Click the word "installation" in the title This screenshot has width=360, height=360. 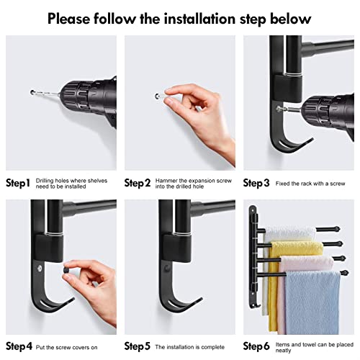pos(200,19)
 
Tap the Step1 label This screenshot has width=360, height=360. pos(18,183)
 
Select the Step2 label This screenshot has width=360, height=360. pos(138,183)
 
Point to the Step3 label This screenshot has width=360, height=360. pos(256,183)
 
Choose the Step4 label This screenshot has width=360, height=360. pos(19,346)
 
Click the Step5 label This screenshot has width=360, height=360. pos(138,346)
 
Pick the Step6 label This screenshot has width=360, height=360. pos(256,346)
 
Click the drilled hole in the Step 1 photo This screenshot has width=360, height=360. pos(32,92)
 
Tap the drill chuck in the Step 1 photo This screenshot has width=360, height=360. pos(76,96)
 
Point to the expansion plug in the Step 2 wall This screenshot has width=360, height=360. pos(158,96)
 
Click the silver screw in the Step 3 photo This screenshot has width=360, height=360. pos(279,109)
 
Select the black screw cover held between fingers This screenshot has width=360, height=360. pos(66,271)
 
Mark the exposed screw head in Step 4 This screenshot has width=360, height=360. pos(40,268)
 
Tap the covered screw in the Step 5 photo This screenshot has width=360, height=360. pos(166,268)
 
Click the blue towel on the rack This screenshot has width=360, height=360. pos(312,302)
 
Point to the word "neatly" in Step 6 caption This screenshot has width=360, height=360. pos(283,351)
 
